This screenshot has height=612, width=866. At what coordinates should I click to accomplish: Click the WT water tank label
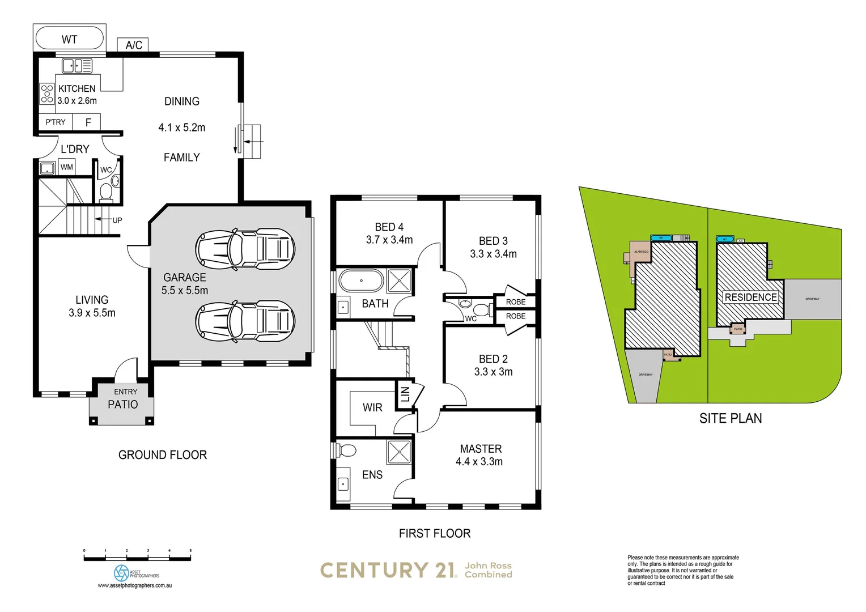tap(69, 39)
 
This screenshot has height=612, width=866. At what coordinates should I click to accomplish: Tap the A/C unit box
tap(134, 45)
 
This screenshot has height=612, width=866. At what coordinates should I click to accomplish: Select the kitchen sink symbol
tap(77, 66)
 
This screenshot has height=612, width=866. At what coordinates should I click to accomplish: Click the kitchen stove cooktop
tap(47, 94)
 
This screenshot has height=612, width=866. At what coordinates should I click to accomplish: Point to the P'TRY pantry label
tap(56, 122)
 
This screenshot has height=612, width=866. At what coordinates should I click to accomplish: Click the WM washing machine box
tap(67, 167)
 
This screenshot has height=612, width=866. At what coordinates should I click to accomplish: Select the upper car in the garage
tap(245, 248)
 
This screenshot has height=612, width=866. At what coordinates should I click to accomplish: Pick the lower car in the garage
tap(245, 321)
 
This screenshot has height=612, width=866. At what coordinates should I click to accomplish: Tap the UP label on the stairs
tap(117, 220)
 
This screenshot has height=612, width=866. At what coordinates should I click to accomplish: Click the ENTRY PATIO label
tap(124, 399)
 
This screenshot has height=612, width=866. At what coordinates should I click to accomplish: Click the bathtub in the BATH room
tap(361, 280)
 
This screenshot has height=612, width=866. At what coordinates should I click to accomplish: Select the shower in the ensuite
tap(399, 452)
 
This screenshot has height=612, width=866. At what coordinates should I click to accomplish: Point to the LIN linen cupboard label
tap(405, 393)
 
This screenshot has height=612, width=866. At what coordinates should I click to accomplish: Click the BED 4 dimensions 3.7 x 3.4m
tap(389, 240)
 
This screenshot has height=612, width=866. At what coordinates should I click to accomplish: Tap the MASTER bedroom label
tap(481, 448)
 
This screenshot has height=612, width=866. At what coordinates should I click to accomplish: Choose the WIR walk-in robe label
tap(372, 407)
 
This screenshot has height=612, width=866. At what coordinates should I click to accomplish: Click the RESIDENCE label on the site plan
tap(750, 297)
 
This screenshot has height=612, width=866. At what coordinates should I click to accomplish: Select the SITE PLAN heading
tap(730, 418)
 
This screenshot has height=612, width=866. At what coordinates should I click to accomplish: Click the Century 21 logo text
tap(389, 570)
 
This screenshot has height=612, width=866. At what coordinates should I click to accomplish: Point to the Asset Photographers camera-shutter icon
tap(121, 572)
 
